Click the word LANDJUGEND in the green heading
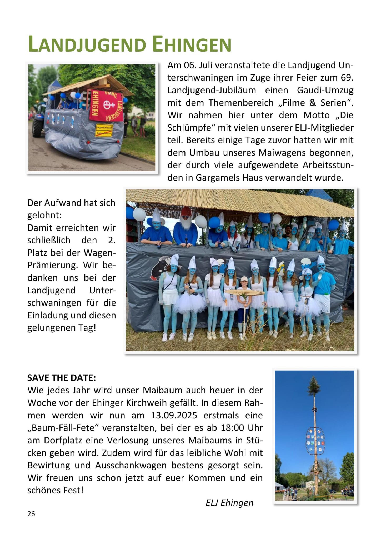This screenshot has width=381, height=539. pos(87,44)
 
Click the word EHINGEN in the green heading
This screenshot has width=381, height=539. pos(192,44)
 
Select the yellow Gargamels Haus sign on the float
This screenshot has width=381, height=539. pos(104,130)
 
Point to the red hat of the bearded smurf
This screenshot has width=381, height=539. pos(186,212)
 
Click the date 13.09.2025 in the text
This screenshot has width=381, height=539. pos(174,415)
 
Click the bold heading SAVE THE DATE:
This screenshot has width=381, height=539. pos(62,378)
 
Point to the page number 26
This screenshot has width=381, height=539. pos(31,514)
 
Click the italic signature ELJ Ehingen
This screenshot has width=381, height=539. pos(229,503)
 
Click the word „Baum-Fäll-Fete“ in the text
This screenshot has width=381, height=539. pos(63,428)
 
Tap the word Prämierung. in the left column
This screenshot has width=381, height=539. pos(53,265)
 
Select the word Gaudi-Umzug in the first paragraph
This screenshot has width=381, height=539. pos(325,90)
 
